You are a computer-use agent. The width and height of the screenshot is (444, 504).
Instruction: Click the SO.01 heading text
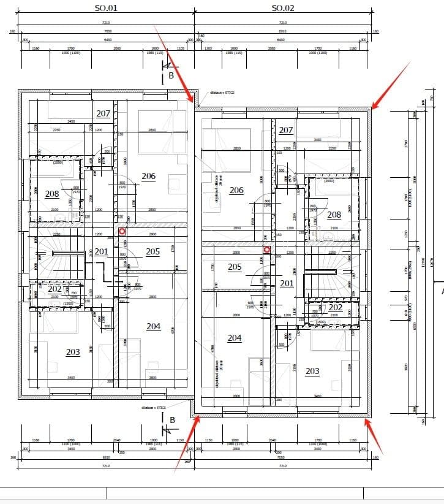pos(105,8)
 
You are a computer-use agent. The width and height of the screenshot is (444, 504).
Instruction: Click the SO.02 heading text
pos(283,8)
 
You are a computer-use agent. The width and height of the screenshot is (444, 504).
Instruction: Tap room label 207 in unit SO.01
pos(103,113)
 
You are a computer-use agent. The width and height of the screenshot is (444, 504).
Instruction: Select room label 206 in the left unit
pos(148,176)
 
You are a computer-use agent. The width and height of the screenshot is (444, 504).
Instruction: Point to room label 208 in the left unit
pos(52,194)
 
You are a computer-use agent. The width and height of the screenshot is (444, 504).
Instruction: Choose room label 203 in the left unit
pos(73,352)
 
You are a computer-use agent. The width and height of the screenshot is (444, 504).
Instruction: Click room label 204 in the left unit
pos(153,326)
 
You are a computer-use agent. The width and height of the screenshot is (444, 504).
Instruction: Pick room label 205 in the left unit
pos(152,251)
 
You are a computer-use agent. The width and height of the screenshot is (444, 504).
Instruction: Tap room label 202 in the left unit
pos(55,289)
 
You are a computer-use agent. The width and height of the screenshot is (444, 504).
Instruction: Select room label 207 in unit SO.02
pos(286,130)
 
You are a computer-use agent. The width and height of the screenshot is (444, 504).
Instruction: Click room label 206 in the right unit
pos(236,190)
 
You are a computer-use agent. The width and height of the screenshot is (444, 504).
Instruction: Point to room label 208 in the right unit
pos(334,215)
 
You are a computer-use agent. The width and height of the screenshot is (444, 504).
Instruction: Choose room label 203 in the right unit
pos(312,371)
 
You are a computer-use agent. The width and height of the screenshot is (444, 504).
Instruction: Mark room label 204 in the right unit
pos(235,338)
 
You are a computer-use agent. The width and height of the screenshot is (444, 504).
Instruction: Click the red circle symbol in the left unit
pos(122,231)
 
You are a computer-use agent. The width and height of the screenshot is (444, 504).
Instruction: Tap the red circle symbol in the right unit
pos(266,250)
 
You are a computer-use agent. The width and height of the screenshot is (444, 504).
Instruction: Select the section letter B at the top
pos(171,75)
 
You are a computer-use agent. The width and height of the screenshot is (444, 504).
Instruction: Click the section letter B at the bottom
pos(172,420)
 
